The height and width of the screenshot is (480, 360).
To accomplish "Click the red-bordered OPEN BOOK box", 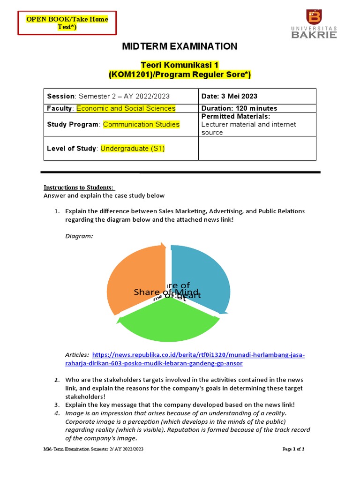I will tap(67, 23).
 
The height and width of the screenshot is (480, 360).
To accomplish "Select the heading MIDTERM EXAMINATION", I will tap(180, 46).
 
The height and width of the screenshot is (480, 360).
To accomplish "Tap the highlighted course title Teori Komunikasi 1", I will tap(180, 65).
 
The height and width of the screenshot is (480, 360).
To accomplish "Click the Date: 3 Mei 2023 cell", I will tap(229, 96).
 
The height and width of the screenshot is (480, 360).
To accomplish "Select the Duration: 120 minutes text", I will tap(239, 108).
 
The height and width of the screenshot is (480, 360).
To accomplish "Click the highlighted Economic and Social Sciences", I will tap(126, 108).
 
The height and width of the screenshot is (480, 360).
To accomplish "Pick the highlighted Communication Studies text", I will tap(141, 125).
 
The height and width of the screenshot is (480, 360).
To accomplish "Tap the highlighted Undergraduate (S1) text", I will tap(133, 149).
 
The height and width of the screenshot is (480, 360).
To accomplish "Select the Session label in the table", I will tap(60, 96).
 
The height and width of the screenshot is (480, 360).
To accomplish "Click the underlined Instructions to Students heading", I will tap(76, 187).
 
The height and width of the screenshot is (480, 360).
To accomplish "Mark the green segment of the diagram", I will tap(169, 323).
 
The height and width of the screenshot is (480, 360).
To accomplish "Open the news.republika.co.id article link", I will tap(199, 355).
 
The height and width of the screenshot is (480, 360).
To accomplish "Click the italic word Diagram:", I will tap(79, 236).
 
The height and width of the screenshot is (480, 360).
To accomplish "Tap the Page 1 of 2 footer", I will tap(293, 449).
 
